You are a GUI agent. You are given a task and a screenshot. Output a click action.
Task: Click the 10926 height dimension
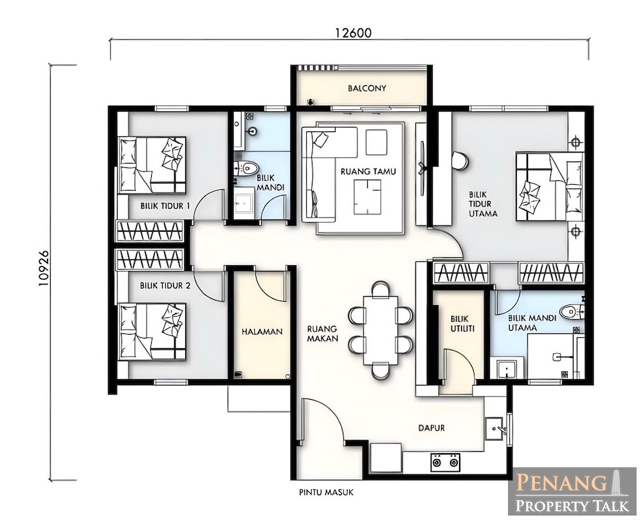[44, 268]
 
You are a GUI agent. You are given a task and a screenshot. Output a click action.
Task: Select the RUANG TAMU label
[368, 172]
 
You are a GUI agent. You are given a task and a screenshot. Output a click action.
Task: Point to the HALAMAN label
[262, 331]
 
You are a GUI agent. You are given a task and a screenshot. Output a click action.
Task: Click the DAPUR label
[431, 428]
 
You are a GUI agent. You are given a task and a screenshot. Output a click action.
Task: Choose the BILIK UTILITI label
[462, 323]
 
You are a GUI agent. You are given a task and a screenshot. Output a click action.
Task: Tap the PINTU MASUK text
[327, 492]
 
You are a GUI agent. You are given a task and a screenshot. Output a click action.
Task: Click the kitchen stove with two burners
[446, 462]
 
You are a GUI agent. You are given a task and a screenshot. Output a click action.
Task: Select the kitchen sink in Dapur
[494, 429]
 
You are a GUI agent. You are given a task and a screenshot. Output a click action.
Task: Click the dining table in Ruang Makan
[381, 330]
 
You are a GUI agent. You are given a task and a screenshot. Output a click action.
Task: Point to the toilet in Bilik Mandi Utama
[572, 312]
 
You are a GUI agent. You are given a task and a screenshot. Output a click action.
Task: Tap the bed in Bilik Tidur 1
[152, 165]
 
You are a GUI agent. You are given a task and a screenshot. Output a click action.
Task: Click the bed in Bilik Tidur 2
[152, 332]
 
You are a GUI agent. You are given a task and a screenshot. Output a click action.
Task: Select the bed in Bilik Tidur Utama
[550, 187]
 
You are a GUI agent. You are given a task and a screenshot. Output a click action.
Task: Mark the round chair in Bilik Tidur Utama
[460, 160]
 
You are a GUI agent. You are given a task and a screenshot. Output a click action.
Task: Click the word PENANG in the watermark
[561, 483]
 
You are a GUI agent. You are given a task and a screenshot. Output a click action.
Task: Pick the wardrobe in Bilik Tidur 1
[150, 232]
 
